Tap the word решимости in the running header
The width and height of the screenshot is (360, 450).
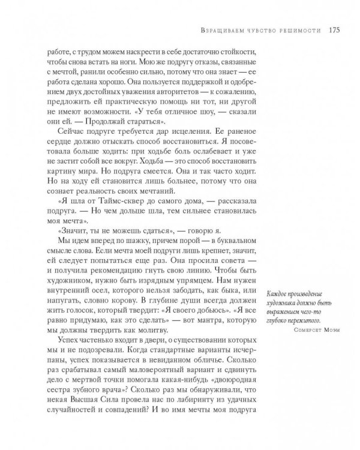[x=302, y=31]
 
